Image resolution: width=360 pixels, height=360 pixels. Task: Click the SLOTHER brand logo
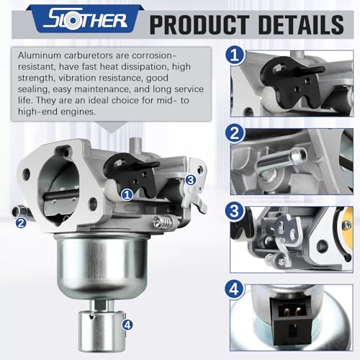(x=85, y=20)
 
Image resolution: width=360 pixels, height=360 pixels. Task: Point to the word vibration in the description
(x=99, y=78)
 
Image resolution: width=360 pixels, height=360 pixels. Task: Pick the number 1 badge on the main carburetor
(x=127, y=194)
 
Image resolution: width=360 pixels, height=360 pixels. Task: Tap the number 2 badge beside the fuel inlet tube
(x=21, y=223)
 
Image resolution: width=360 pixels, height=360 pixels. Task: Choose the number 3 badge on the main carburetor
(x=191, y=180)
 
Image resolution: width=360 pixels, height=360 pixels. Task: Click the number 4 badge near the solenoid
(x=127, y=325)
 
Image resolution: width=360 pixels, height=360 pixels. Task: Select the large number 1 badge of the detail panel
(x=235, y=55)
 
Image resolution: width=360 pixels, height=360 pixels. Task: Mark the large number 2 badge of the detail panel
(x=235, y=133)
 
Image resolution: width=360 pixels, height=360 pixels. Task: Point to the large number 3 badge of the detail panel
(x=235, y=211)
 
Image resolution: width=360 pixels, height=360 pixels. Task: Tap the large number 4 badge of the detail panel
(x=235, y=289)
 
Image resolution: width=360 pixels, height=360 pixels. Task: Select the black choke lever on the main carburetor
(x=132, y=174)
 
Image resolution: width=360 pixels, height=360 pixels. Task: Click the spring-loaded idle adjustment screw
(x=163, y=222)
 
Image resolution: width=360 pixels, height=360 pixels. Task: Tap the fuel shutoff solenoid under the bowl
(x=102, y=330)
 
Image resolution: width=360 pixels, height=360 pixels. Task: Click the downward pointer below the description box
(x=111, y=127)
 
